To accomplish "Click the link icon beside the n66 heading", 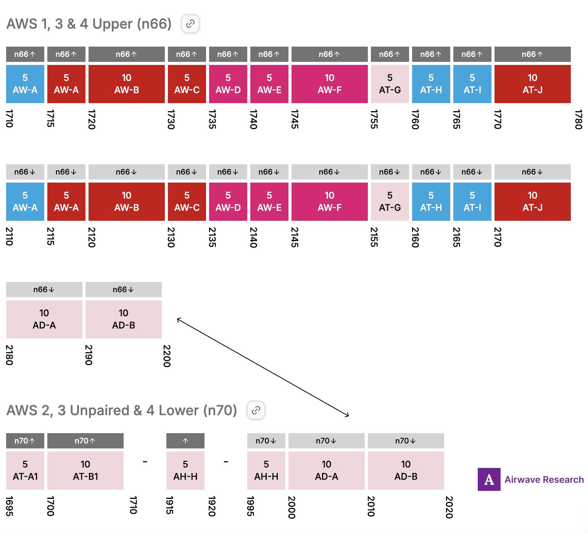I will pos(190,24).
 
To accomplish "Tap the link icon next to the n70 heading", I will pos(256,410).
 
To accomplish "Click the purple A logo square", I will pos(489,479).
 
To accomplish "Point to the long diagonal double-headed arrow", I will pos(263,367).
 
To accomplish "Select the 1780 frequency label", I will pos(578,119).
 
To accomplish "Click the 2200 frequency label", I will pos(167,356).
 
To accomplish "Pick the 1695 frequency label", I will pos(10,506).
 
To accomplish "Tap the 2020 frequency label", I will pos(449,507).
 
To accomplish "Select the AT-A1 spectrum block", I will pos(25,470).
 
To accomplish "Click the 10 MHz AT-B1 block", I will pos(85,470).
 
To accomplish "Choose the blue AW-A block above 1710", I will pos(25,84).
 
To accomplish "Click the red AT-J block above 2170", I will pos(532,202).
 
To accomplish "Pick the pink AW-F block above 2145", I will pos(329,202).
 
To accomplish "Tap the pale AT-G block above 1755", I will pos(390,84).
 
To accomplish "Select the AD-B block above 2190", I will pos(124,319).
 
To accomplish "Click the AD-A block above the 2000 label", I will pos(326,470).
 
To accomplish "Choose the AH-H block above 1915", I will pos(185,470).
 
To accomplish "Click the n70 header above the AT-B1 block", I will pos(85,441).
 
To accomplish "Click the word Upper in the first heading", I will pos(113,24).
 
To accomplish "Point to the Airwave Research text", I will pos(544,480).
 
